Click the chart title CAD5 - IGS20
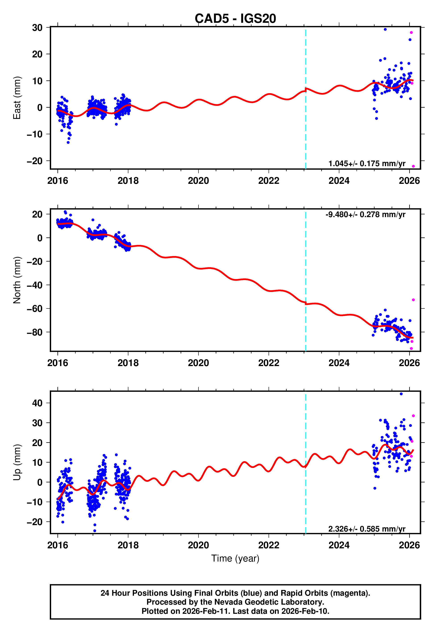click(x=235, y=19)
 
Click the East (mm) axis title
click(x=17, y=98)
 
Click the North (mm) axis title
click(x=17, y=280)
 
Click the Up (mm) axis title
click(x=17, y=462)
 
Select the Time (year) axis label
click(x=235, y=558)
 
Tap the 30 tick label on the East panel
click(x=37, y=28)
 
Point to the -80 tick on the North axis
click(x=35, y=332)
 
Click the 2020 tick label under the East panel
click(x=198, y=181)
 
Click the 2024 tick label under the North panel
click(x=339, y=363)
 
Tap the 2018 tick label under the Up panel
click(x=128, y=545)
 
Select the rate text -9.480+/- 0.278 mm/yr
click(x=365, y=215)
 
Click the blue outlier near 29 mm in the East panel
click(x=385, y=29)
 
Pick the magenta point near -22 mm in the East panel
click(x=413, y=166)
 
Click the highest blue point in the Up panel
click(x=401, y=394)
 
